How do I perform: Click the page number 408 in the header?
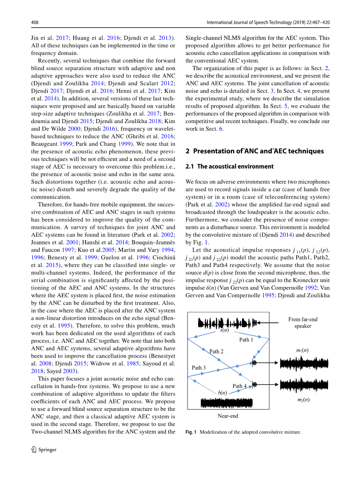pyautogui.click(x=35, y=23)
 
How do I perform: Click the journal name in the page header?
pyautogui.click(x=268, y=23)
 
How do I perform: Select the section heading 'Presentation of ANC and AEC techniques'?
pyautogui.click(x=255, y=151)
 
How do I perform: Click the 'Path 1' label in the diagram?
pyautogui.click(x=246, y=340)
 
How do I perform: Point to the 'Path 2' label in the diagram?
pyautogui.click(x=216, y=351)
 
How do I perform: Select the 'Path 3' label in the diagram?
pyautogui.click(x=198, y=368)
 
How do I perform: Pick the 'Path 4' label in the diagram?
pyautogui.click(x=240, y=386)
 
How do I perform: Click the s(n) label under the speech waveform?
pyautogui.click(x=224, y=331)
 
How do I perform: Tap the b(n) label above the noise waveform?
pyautogui.click(x=222, y=393)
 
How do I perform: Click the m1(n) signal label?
pyautogui.click(x=302, y=350)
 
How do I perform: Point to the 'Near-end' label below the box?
pyautogui.click(x=228, y=416)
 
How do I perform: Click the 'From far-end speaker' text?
pyautogui.click(x=303, y=322)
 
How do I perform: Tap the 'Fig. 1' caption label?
pyautogui.click(x=191, y=432)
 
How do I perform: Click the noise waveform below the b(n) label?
pyautogui.click(x=226, y=403)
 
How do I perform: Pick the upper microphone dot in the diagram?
pyautogui.click(x=254, y=363)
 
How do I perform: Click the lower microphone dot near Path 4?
pyautogui.click(x=255, y=384)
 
